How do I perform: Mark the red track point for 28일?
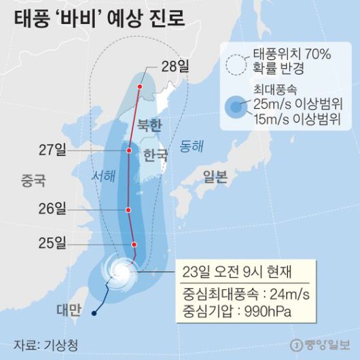(x=140, y=87)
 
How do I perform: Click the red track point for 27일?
(x=128, y=150)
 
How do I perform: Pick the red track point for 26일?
(x=128, y=209)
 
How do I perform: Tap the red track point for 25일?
(x=134, y=245)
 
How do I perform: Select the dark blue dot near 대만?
(x=93, y=313)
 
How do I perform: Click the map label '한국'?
(x=156, y=156)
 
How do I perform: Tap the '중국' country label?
(x=33, y=181)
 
